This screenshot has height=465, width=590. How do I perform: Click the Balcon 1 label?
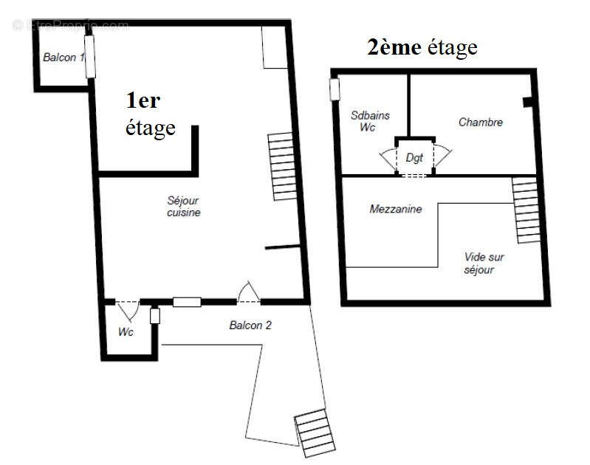[63, 58]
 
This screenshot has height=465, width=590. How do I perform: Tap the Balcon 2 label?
[250, 325]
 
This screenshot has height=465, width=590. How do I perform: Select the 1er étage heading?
[151, 114]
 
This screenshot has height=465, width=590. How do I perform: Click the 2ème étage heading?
[422, 48]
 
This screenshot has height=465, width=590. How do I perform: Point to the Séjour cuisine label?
[184, 207]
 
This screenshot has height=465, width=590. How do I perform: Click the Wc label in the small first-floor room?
[126, 333]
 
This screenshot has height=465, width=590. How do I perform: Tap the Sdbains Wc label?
[370, 121]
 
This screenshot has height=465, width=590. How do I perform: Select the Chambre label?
[480, 123]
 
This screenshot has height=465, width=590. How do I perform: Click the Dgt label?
[414, 158]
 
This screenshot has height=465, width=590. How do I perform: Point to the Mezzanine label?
[395, 210]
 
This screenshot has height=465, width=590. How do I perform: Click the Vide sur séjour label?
[484, 263]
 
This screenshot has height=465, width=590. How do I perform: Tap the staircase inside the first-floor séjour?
[283, 166]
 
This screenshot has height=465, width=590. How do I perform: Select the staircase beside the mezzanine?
[526, 210]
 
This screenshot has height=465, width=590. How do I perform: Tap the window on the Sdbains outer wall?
[335, 89]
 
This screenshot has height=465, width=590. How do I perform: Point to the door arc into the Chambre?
[443, 156]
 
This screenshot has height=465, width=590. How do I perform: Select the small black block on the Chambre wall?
[526, 102]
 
